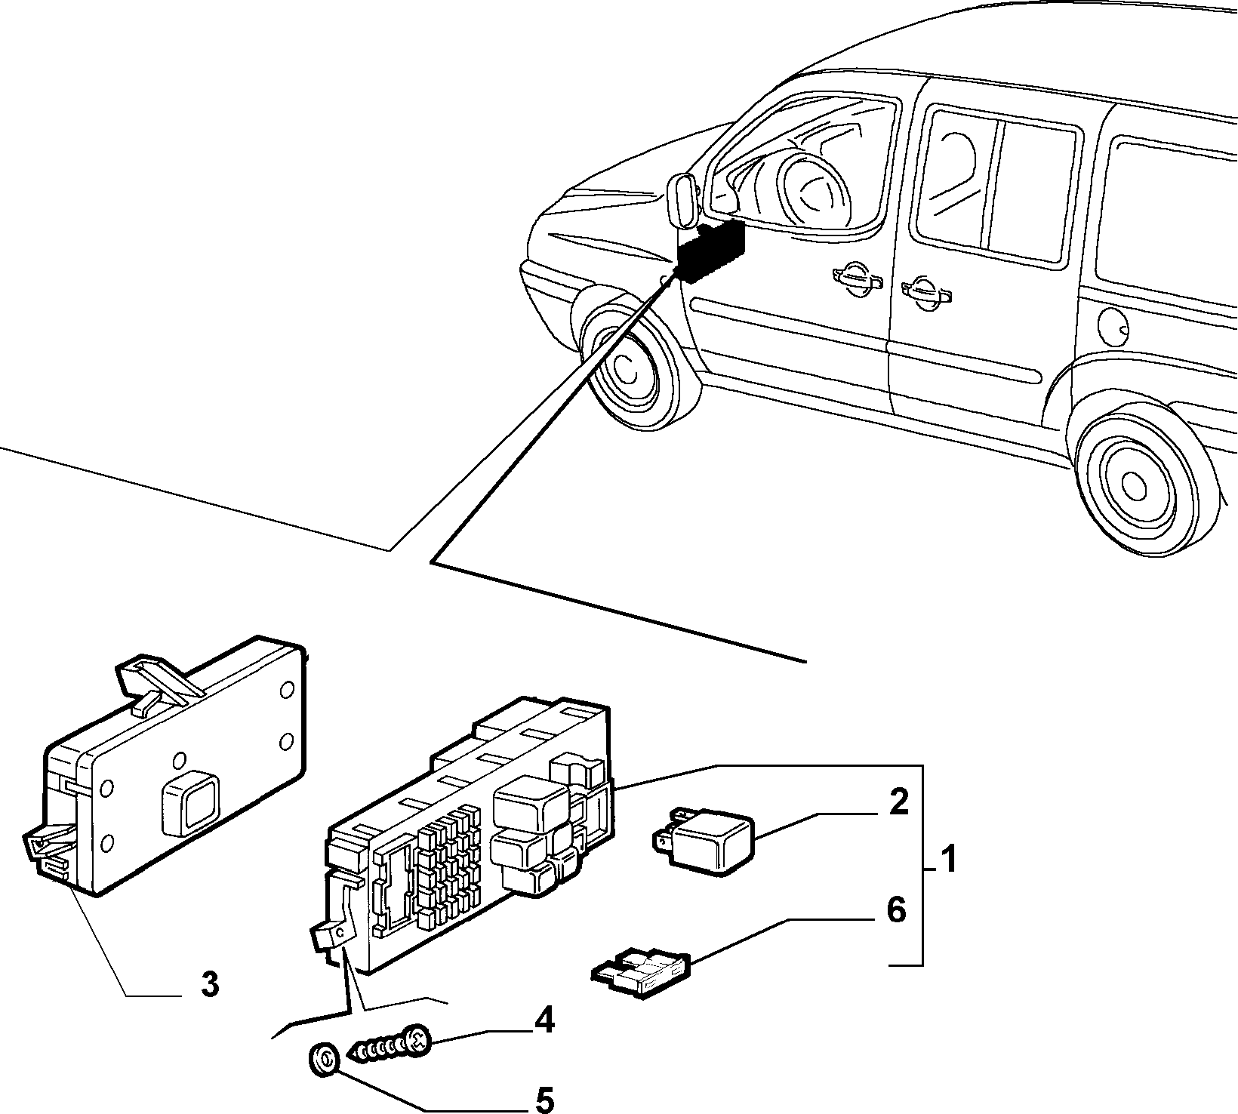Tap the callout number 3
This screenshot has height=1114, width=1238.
point(209,984)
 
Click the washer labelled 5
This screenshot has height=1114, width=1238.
point(323,1060)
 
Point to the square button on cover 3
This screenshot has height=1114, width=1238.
point(189,802)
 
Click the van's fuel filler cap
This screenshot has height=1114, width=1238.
point(1113,327)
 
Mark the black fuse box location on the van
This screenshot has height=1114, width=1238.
point(710,251)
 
